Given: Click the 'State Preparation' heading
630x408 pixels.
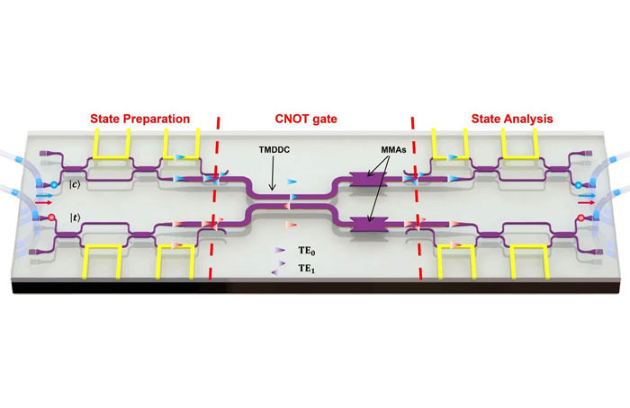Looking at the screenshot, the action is coord(139,119).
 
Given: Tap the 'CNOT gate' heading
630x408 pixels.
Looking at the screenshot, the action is coord(306,119).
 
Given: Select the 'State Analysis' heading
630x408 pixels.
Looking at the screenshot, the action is coord(512,119).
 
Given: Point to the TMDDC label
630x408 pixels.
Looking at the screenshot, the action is coord(274,150).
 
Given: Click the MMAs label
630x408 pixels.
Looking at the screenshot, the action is coord(394,150).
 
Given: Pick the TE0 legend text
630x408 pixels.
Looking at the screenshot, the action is coord(307,251).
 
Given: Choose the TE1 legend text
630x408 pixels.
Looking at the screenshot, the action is coord(307,269).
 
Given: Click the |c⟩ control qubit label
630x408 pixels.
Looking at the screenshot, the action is coord(75,184).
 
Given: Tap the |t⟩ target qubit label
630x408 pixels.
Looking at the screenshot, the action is coord(75,217).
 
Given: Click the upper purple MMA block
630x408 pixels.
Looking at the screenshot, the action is coord(368,180).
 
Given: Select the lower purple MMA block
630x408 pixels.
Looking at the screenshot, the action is coord(370,225).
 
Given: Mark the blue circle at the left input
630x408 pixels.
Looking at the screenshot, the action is coord(54,185).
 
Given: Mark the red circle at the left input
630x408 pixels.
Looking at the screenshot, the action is coord(51,217).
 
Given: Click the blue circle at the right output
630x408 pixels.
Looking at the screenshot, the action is coord(578,185).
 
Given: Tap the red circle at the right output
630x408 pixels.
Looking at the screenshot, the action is coord(580,217).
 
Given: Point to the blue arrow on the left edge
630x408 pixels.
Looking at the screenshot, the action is coord(44,196).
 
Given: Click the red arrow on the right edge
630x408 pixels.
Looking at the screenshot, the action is coord(587,202).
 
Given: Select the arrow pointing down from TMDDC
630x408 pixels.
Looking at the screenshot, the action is coord(273,173).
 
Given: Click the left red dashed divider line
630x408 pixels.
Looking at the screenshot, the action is coord(214,199).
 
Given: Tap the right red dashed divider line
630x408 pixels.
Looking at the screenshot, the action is coord(416,199).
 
